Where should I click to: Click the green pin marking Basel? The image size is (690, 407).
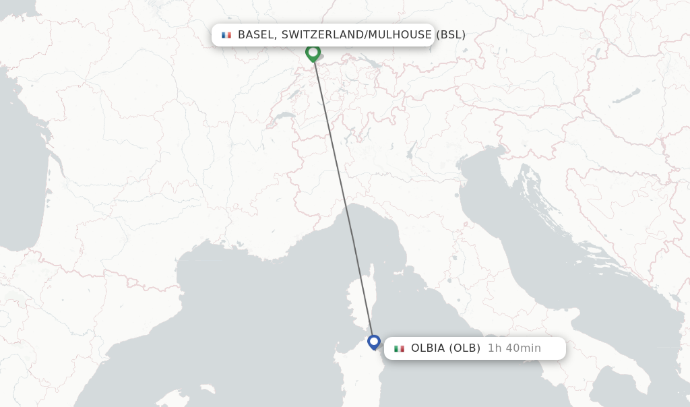click(x=313, y=53)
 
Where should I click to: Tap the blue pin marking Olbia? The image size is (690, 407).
click(x=374, y=342)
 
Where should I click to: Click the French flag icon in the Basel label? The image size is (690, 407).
click(x=226, y=35)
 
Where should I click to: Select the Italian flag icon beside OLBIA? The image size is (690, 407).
click(x=399, y=348)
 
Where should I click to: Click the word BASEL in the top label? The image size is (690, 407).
click(x=255, y=34)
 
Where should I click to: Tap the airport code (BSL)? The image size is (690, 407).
click(x=451, y=34)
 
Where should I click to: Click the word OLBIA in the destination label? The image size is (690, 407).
click(x=428, y=348)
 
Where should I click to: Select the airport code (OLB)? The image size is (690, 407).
click(x=465, y=348)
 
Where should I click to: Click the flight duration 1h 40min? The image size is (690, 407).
click(x=514, y=348)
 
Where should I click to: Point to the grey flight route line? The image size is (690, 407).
click(x=344, y=202)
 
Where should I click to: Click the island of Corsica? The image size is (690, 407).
click(x=360, y=303)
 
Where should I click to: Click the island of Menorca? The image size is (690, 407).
click(x=205, y=390)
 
